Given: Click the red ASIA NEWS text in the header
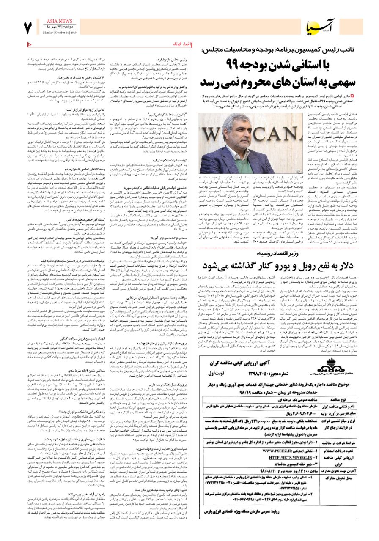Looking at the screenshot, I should point(60,20).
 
